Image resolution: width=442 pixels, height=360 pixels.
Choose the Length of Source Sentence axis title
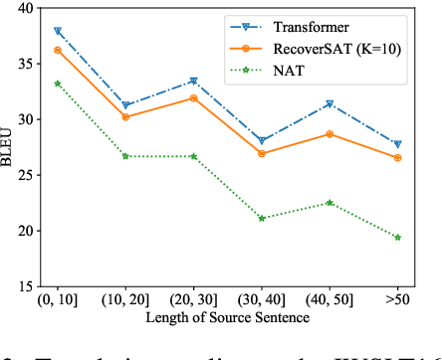tap(228, 318)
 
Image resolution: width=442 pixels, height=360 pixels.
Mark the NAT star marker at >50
tap(397, 238)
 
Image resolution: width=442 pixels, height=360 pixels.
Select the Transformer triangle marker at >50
tap(397, 145)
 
